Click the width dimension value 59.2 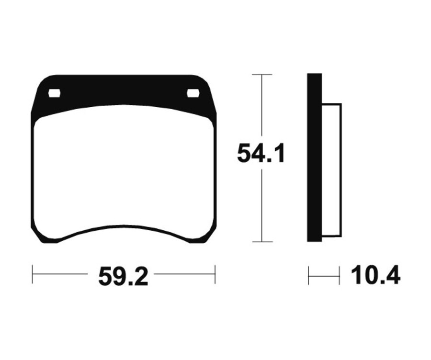click(123, 276)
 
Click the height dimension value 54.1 click(260, 153)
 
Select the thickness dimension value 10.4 click(375, 275)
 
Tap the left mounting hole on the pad click(54, 93)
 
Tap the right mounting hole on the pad click(193, 93)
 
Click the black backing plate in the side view click(315, 158)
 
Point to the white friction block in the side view click(332, 170)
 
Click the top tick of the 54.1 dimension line click(262, 75)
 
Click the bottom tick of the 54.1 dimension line click(262, 242)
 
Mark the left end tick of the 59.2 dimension click(33, 274)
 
